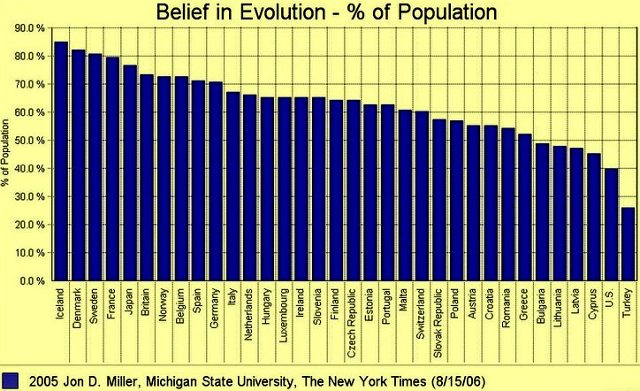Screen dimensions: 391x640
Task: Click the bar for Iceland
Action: click(x=61, y=161)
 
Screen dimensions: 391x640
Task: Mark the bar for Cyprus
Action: click(x=593, y=217)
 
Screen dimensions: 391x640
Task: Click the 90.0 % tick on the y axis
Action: click(x=30, y=28)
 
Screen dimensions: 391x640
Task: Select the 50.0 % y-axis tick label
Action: click(x=30, y=141)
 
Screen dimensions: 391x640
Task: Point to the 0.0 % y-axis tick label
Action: click(x=32, y=280)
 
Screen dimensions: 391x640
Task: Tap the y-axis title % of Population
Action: click(x=8, y=155)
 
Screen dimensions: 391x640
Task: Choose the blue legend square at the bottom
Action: click(x=10, y=380)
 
